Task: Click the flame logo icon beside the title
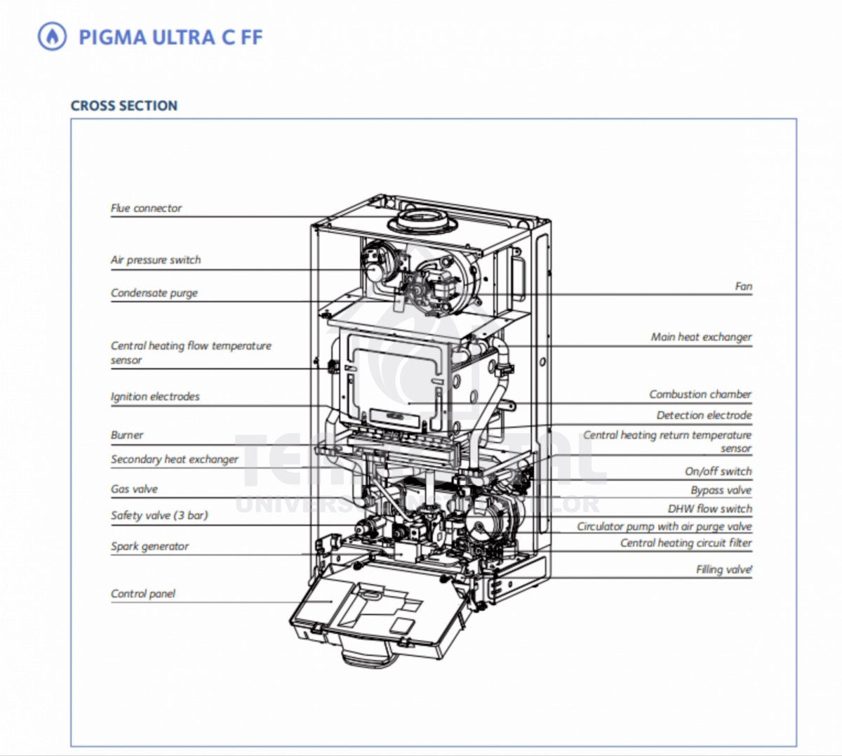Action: click(x=52, y=37)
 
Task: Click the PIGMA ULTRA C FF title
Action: click(x=171, y=37)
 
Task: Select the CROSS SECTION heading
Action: click(x=124, y=105)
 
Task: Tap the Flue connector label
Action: click(x=146, y=208)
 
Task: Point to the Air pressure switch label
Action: click(x=156, y=260)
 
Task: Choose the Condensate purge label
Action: click(x=154, y=293)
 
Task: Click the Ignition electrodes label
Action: click(x=155, y=397)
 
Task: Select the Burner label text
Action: click(x=127, y=435)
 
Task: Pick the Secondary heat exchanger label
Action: click(x=174, y=460)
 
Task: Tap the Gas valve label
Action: click(x=134, y=489)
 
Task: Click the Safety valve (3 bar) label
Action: click(x=159, y=516)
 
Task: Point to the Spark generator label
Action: click(x=149, y=546)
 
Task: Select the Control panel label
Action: click(x=142, y=594)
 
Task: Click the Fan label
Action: click(x=744, y=286)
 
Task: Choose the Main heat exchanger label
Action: click(x=701, y=337)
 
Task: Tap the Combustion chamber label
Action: click(x=700, y=394)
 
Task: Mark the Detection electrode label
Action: click(x=704, y=415)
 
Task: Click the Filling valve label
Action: click(x=724, y=569)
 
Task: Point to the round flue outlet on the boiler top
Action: click(x=422, y=221)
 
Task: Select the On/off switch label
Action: click(x=718, y=472)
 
